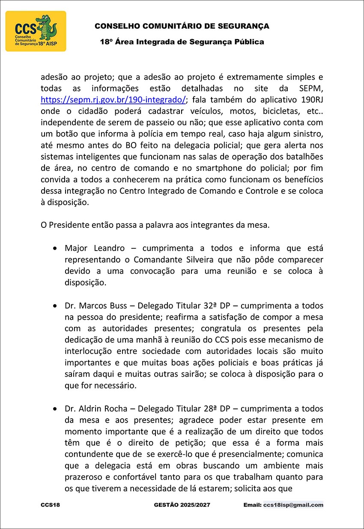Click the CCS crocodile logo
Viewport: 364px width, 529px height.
click(x=36, y=31)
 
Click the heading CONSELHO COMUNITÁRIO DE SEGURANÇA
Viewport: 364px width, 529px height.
click(x=182, y=26)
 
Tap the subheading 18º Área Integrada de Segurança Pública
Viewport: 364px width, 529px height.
click(x=182, y=42)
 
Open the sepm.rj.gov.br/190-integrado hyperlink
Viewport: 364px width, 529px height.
click(x=113, y=100)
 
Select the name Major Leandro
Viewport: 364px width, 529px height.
click(x=95, y=248)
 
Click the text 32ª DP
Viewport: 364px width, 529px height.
click(x=218, y=306)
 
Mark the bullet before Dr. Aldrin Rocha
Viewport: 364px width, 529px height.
click(x=55, y=409)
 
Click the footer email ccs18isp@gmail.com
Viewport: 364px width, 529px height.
click(x=293, y=505)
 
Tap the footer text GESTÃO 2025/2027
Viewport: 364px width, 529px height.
click(x=182, y=505)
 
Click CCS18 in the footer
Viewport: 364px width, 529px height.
click(x=51, y=505)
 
